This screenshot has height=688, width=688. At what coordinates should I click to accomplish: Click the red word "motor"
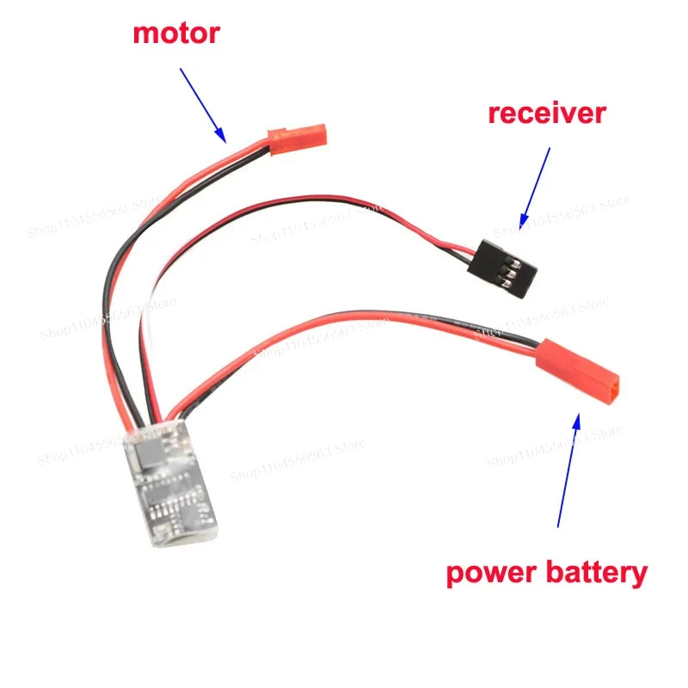(175, 34)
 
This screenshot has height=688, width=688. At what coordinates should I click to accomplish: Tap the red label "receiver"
(546, 113)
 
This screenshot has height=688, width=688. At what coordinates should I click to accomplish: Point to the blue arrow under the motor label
(203, 104)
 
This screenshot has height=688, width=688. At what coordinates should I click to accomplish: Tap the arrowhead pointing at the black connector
(522, 223)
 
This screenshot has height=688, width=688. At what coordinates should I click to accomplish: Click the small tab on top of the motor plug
(275, 133)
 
